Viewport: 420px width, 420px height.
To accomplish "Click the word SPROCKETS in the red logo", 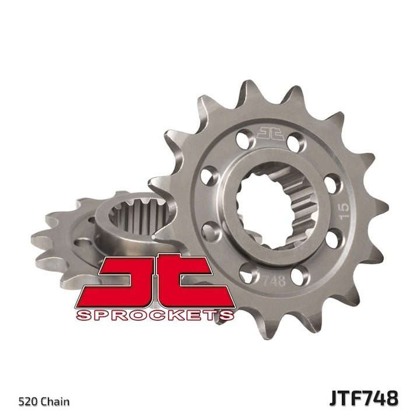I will (156, 316).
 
